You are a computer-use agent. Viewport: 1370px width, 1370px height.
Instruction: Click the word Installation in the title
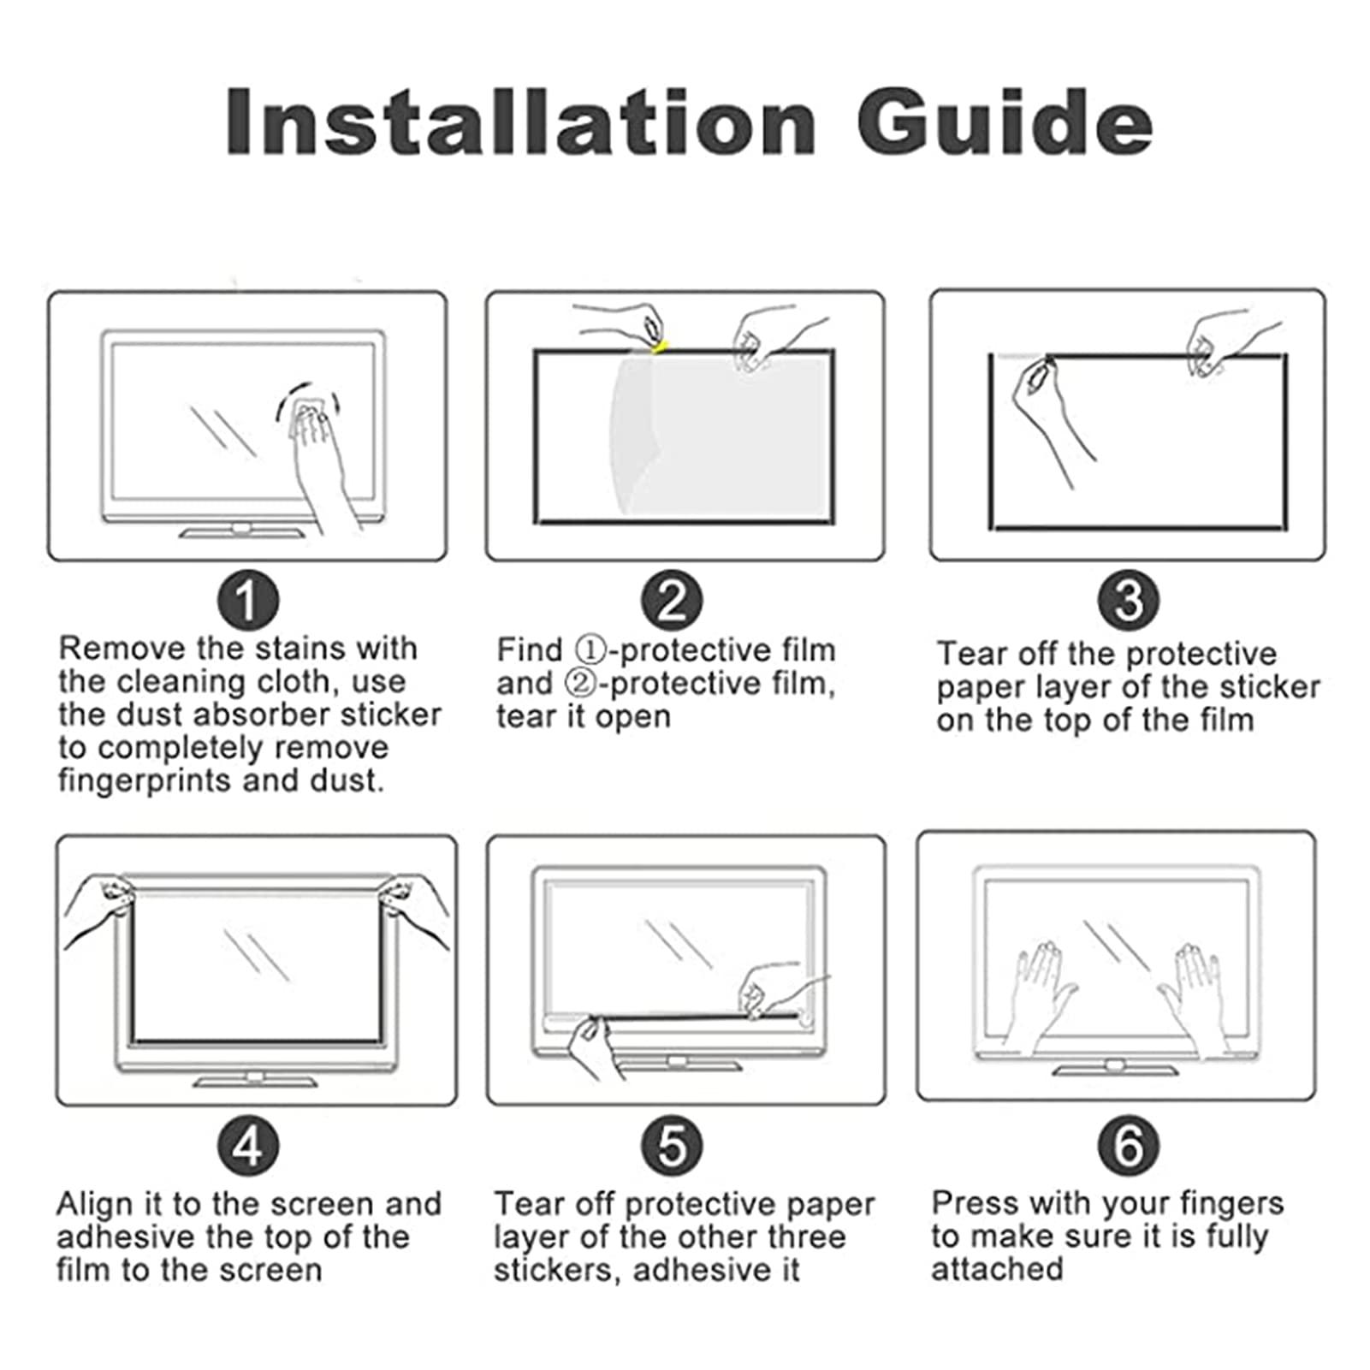(x=520, y=122)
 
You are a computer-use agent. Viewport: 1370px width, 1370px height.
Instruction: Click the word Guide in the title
(x=1005, y=122)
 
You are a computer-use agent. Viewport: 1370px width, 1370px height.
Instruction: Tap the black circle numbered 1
(x=247, y=600)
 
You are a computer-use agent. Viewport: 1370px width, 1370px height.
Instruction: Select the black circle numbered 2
(x=672, y=600)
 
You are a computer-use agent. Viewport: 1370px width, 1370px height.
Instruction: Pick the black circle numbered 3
(x=1128, y=600)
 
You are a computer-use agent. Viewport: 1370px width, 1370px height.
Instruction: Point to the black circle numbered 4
(x=247, y=1146)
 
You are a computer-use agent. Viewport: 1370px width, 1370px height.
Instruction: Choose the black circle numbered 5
(x=672, y=1146)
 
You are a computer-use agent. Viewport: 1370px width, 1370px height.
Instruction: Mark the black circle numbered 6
(x=1128, y=1146)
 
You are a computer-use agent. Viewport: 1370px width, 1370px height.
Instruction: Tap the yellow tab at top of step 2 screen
(x=659, y=347)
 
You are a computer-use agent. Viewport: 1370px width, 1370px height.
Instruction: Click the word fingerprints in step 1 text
(x=145, y=781)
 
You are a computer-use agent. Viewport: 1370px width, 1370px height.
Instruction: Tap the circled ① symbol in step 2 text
(x=590, y=650)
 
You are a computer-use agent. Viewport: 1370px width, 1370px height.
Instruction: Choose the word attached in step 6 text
(x=997, y=1269)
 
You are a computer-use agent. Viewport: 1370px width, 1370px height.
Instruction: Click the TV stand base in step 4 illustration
(x=255, y=1080)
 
